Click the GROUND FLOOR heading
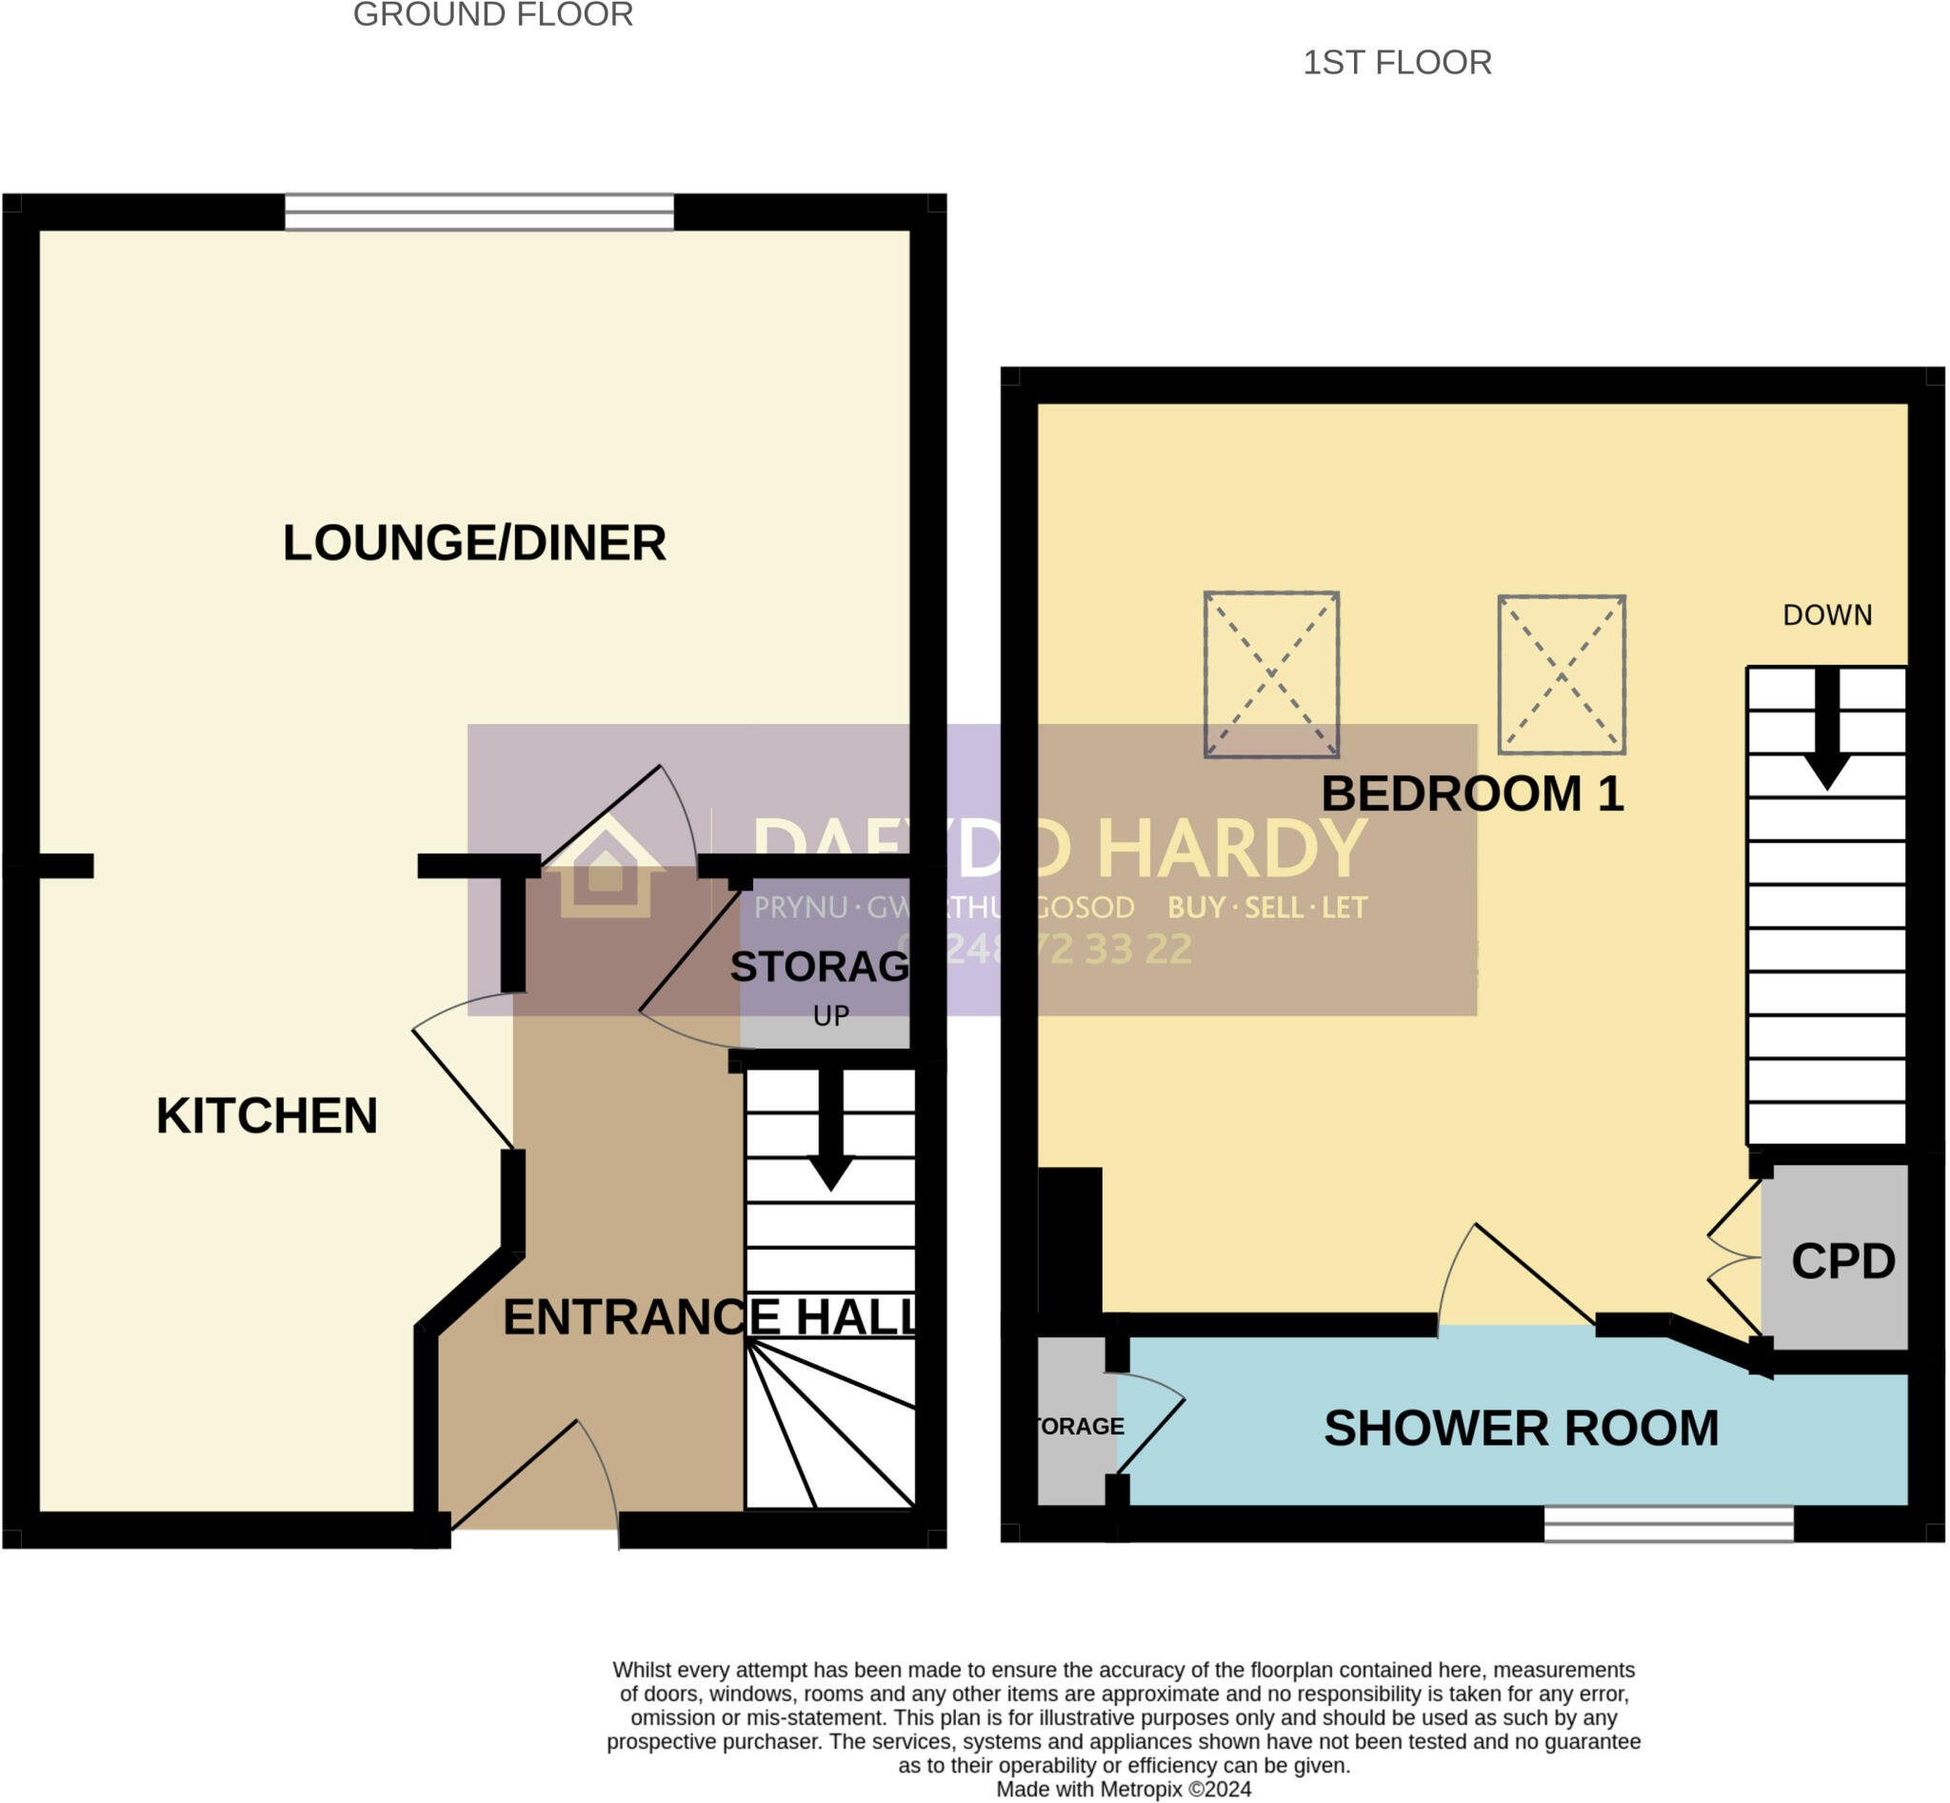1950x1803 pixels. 492,15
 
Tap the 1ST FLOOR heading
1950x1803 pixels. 1397,63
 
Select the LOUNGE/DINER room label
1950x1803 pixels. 474,543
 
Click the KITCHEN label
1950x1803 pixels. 267,1115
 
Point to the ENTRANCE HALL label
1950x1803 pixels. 709,1317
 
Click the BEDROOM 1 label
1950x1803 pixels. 1471,793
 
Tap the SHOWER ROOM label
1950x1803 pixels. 1520,1429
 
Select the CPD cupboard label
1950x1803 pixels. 1842,1261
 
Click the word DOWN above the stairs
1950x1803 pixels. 1826,614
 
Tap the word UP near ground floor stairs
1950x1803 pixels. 830,1015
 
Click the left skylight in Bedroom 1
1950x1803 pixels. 1270,674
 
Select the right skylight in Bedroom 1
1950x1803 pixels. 1561,674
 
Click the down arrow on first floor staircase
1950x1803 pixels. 1826,731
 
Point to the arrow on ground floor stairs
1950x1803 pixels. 830,1132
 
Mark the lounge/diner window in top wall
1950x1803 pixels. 478,211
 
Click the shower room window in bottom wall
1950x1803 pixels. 1667,1524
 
